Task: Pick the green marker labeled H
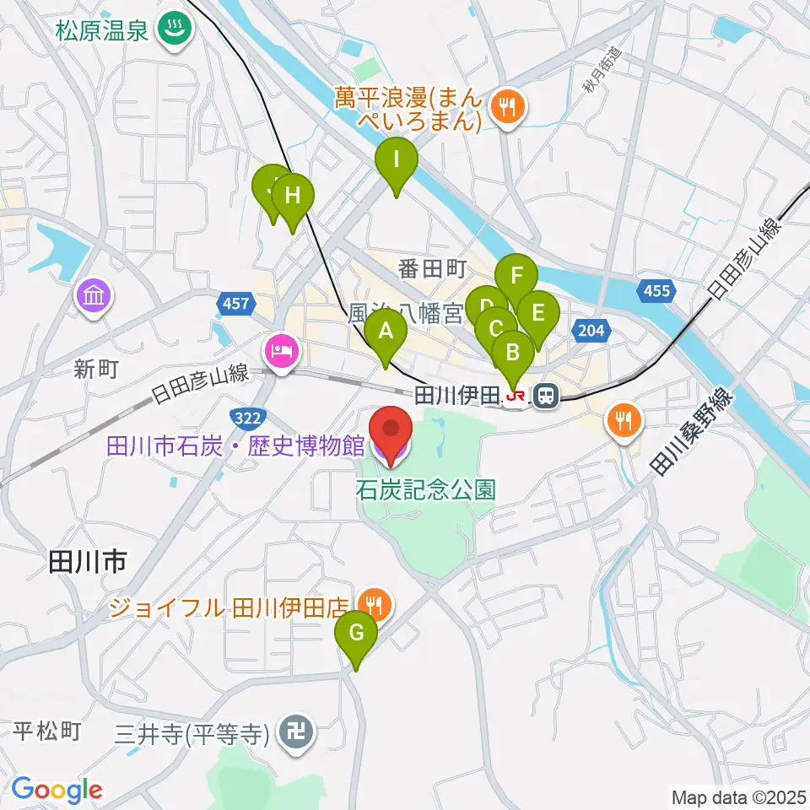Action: click(292, 197)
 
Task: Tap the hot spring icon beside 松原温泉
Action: click(177, 30)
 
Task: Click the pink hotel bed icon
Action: click(281, 350)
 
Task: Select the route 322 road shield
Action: click(248, 417)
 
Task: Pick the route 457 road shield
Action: click(235, 303)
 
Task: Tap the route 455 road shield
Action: click(656, 292)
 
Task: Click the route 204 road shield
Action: click(591, 330)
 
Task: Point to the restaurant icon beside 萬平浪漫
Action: click(508, 106)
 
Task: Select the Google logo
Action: click(57, 790)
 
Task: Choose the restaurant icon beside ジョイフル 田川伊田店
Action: click(371, 604)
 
